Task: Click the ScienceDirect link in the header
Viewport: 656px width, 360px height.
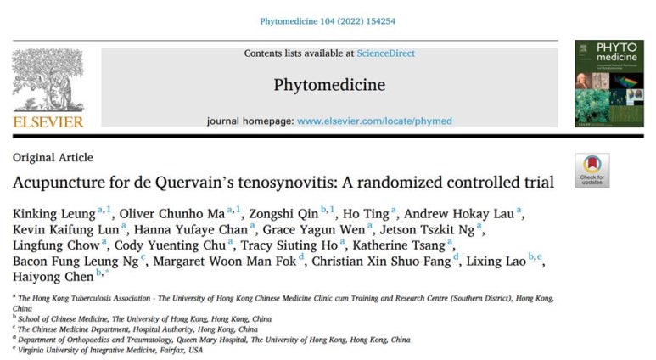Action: click(387, 53)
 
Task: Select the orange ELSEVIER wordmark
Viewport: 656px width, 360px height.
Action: click(48, 122)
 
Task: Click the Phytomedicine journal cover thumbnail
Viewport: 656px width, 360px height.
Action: click(608, 84)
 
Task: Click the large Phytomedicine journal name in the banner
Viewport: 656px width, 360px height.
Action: click(329, 85)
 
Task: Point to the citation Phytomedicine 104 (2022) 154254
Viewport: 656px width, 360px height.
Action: click(328, 17)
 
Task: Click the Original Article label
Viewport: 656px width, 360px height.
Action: click(53, 158)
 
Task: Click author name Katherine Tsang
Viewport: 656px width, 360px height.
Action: click(406, 245)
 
